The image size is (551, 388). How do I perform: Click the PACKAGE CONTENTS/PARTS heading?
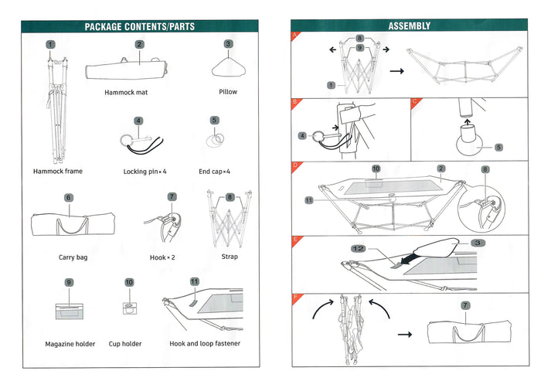point(139,26)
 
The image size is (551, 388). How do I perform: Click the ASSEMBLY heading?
point(409,26)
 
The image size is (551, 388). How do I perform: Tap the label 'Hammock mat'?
point(126,92)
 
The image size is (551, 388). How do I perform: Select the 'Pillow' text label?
point(228,92)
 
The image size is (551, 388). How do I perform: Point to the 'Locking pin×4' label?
point(145,172)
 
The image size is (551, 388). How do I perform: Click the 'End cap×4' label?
point(215,172)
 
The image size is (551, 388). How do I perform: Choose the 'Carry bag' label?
point(73,257)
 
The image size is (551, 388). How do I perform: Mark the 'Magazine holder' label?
point(70,344)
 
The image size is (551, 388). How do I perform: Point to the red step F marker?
point(294,296)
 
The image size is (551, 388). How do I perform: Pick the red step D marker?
point(294,165)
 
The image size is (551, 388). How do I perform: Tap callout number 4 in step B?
point(301,136)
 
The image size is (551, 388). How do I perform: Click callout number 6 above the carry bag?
point(68,198)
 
